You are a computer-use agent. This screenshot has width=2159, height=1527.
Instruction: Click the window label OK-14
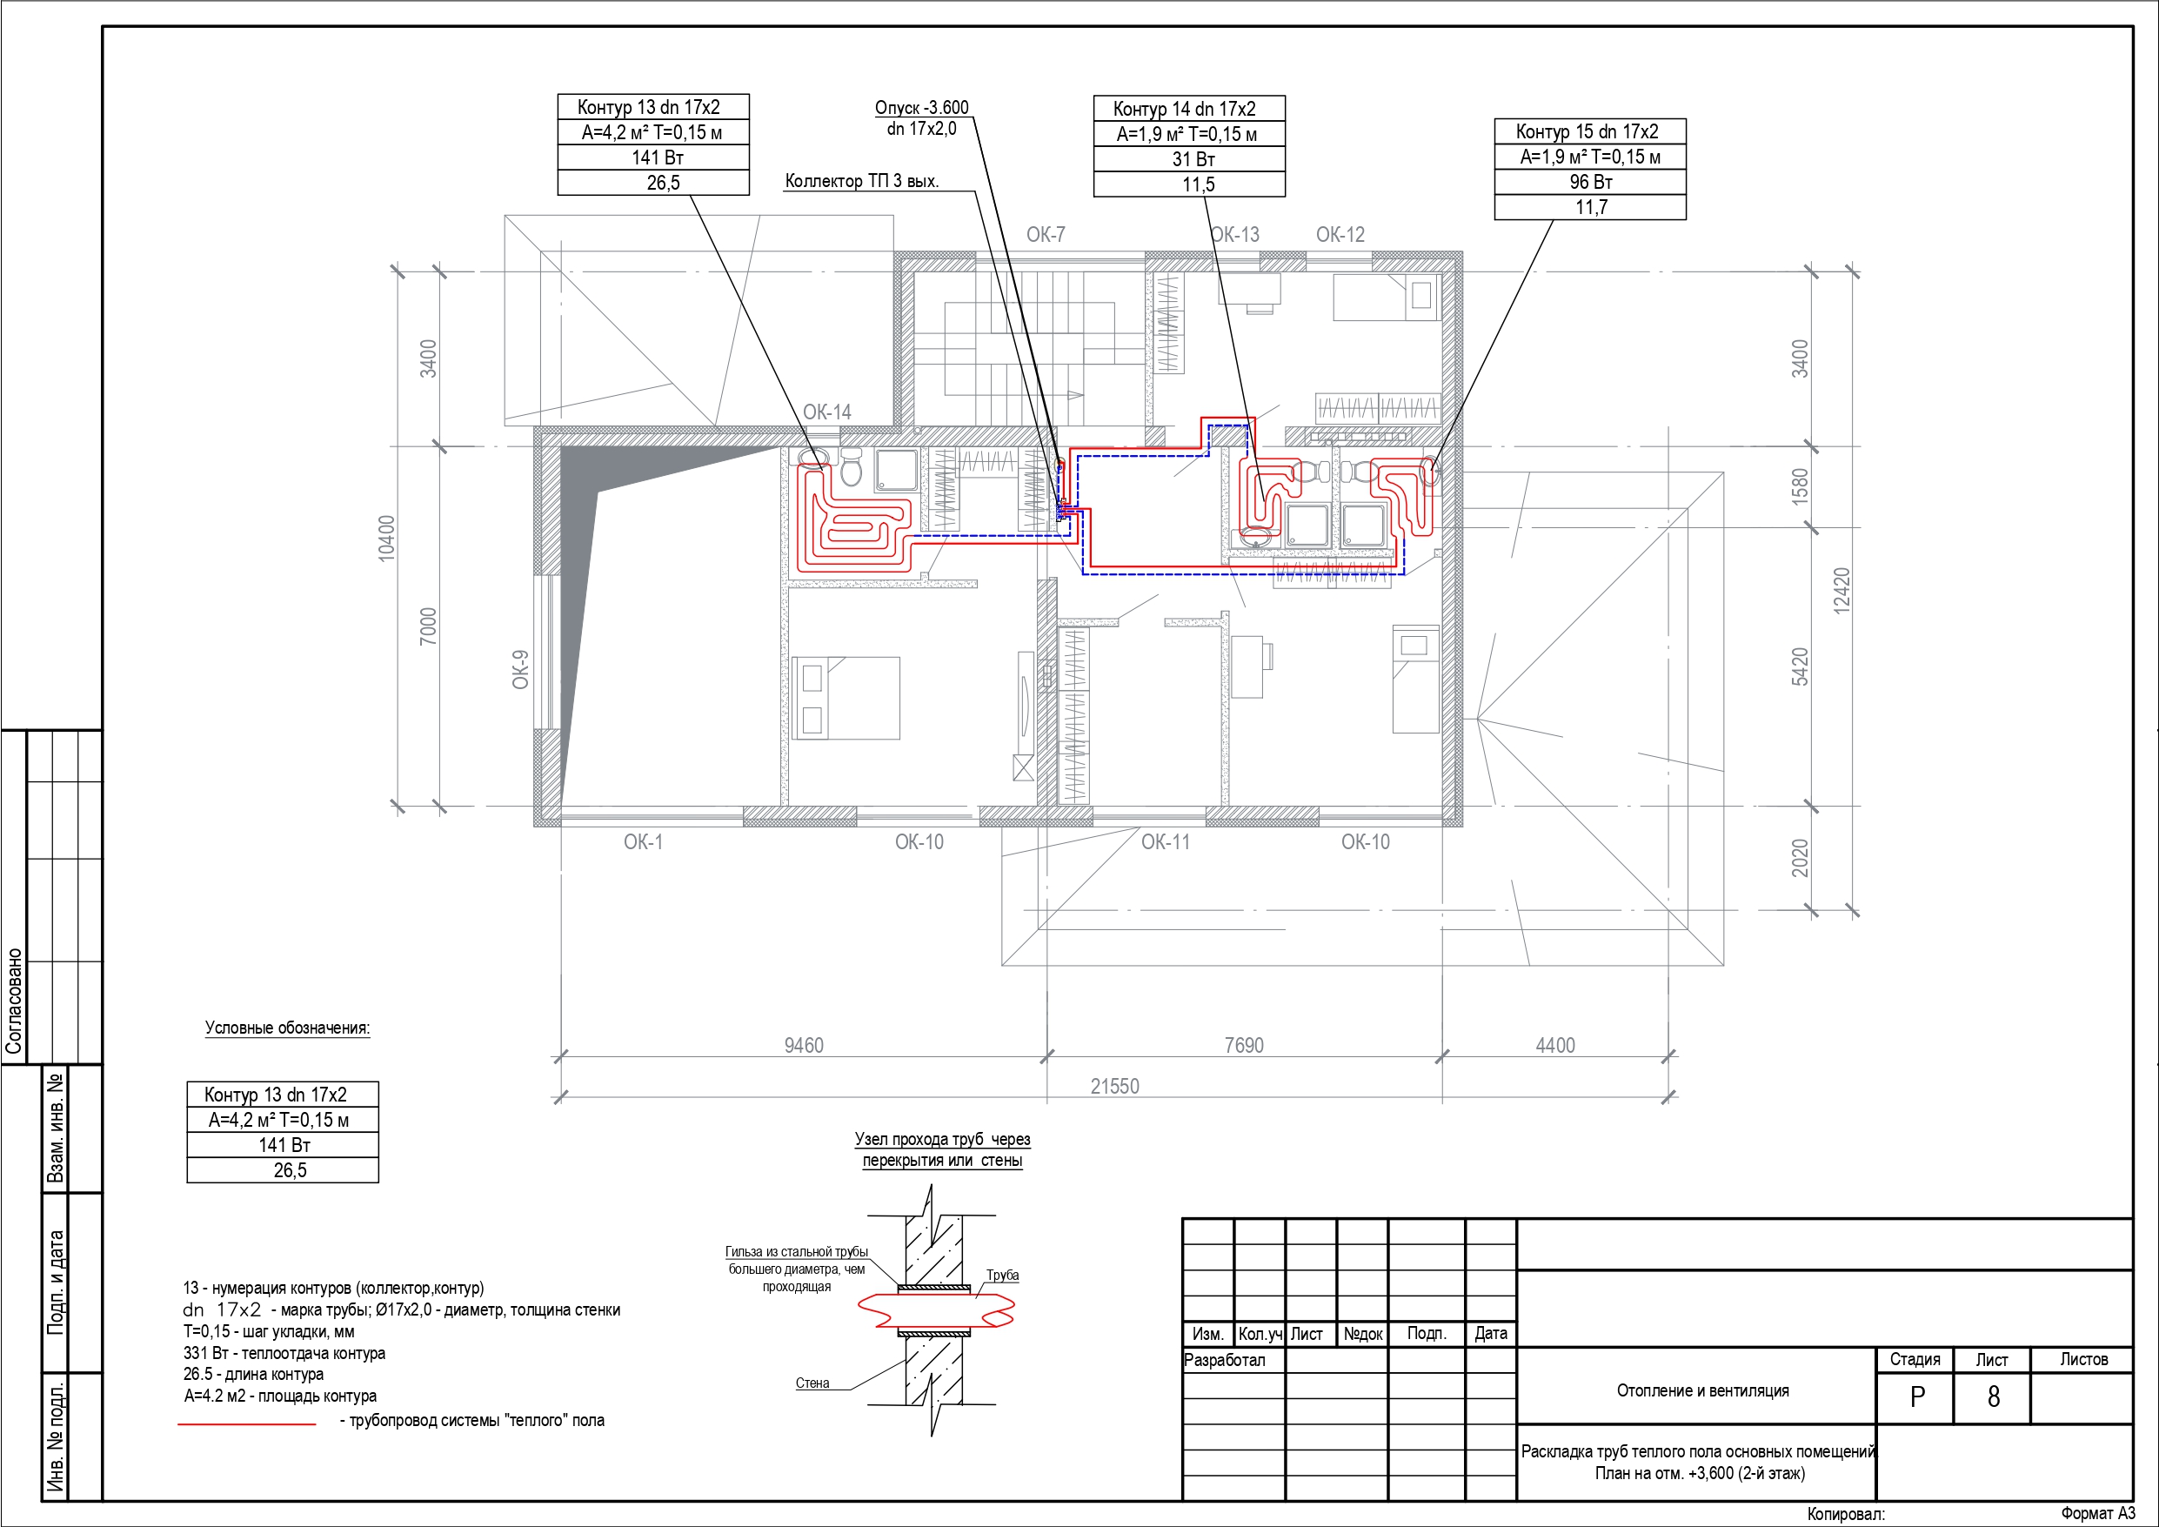(x=826, y=412)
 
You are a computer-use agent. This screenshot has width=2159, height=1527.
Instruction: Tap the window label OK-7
(x=1046, y=234)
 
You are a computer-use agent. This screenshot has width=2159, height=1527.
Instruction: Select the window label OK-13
(x=1234, y=234)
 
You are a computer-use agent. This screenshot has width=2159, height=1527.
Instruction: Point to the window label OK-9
(x=520, y=669)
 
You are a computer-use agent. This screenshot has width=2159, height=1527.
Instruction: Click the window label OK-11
(x=1165, y=842)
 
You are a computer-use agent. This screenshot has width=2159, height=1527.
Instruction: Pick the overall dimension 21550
(x=1114, y=1087)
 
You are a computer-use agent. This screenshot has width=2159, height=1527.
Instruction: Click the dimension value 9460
(x=804, y=1045)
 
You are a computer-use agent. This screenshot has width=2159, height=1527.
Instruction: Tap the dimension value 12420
(x=1842, y=591)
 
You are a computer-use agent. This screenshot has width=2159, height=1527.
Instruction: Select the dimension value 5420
(x=1800, y=667)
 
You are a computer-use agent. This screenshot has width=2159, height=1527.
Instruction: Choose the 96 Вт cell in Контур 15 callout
(x=1591, y=182)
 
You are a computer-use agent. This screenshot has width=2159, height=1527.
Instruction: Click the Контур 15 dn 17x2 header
(x=1587, y=131)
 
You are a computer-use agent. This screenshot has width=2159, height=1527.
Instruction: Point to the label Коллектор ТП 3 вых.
(x=862, y=181)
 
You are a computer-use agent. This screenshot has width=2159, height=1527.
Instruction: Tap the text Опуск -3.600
(x=921, y=107)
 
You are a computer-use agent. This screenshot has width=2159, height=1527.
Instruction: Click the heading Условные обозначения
(x=288, y=1028)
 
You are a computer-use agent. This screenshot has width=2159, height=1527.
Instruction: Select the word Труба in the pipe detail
(x=1002, y=1275)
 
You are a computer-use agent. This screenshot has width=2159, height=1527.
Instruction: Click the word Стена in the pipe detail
(x=812, y=1383)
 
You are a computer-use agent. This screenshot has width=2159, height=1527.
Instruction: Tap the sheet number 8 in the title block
(x=1993, y=1397)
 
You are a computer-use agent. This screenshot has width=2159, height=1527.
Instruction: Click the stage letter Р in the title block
(x=1917, y=1397)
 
